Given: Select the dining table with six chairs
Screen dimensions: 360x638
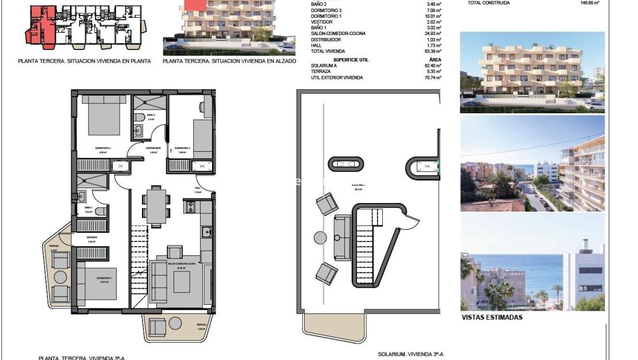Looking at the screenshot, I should tap(156, 205).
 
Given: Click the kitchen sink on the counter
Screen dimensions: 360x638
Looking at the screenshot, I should tap(207, 232).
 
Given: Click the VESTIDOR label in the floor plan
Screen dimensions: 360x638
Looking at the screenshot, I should tap(91, 237).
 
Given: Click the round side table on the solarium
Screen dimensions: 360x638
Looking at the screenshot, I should tap(320, 237).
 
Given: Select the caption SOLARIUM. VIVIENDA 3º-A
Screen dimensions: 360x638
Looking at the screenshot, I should tap(410, 354).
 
